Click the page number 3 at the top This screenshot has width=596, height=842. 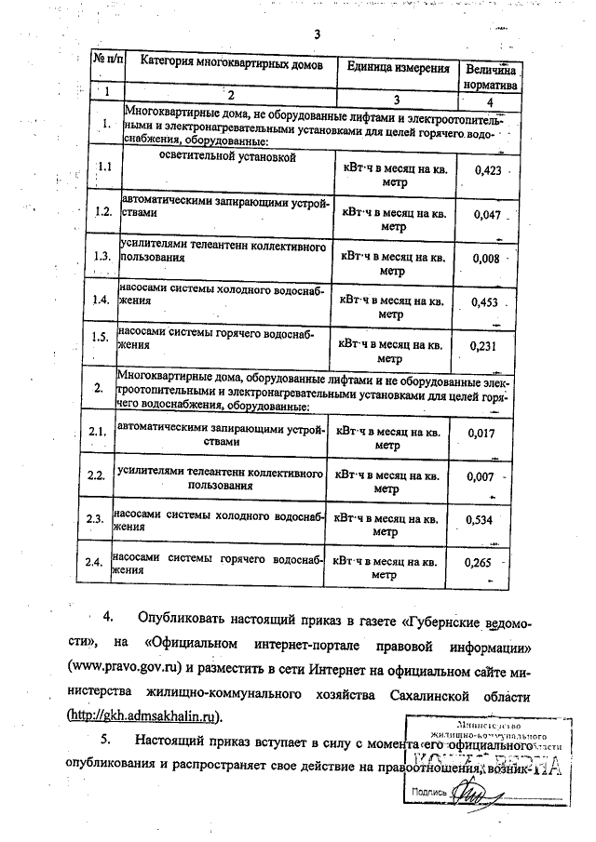317,35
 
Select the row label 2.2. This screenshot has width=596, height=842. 94,475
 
